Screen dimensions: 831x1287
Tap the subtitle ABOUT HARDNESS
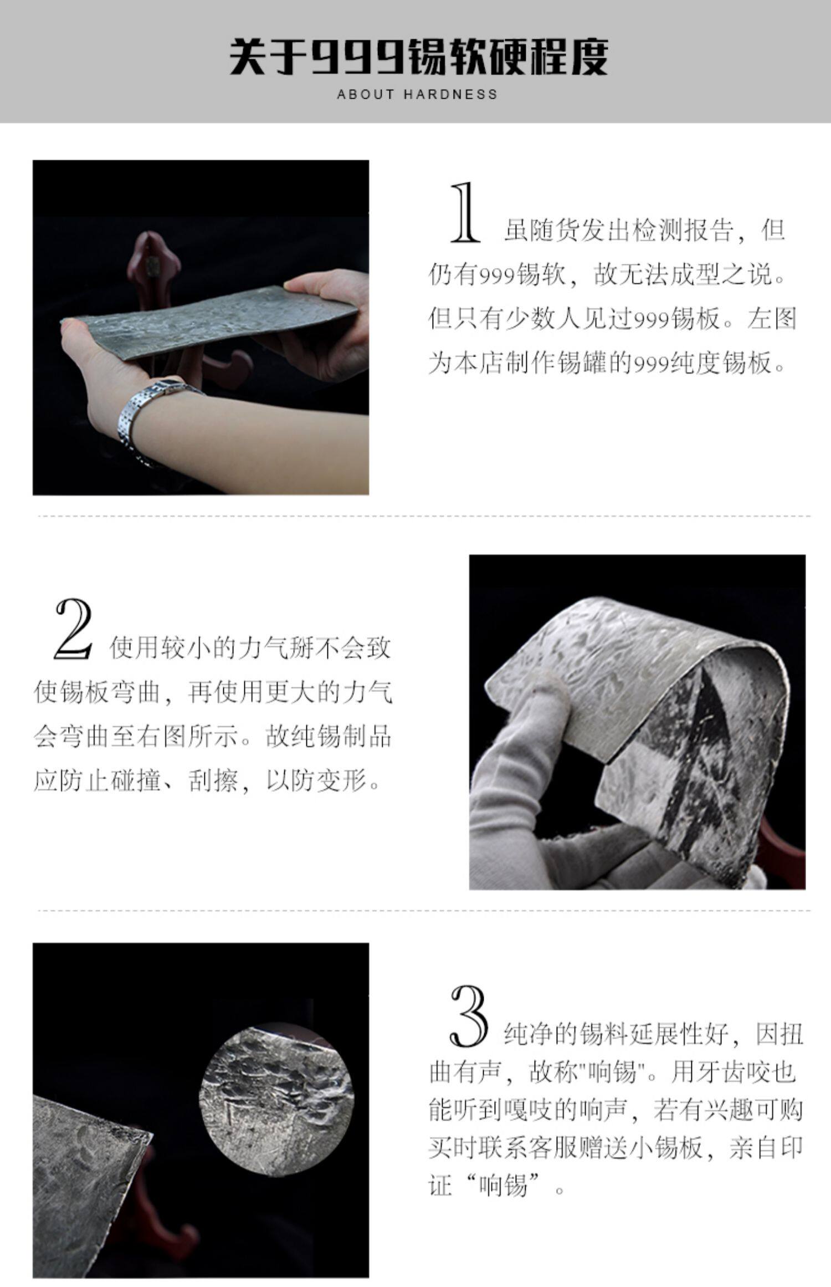tap(417, 94)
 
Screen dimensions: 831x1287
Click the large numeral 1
tap(464, 213)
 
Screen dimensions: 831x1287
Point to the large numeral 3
tap(469, 1014)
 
